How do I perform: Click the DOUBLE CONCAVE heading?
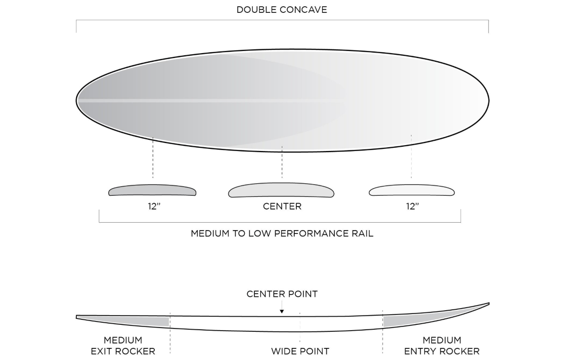282,10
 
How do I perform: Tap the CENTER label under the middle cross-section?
282,206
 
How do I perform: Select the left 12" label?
154,206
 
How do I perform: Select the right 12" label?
412,206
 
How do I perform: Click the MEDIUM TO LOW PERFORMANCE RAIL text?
282,234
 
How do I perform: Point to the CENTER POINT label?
282,294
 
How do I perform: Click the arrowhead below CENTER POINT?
282,311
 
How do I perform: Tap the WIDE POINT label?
300,351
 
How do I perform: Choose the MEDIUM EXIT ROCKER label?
123,346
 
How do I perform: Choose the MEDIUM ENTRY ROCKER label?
442,346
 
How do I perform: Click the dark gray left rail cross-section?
152,190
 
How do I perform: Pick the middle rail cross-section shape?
281,190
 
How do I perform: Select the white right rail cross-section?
412,190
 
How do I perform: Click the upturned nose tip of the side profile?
489,304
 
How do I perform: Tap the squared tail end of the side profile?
77,317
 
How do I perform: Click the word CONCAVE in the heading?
303,10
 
